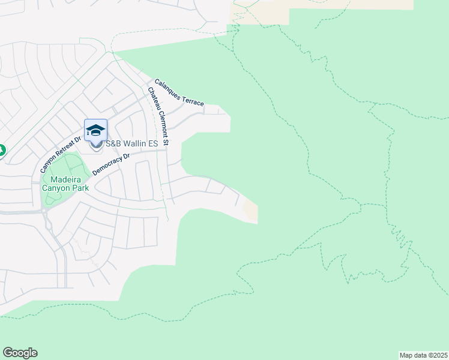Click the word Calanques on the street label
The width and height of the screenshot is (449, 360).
click(x=169, y=87)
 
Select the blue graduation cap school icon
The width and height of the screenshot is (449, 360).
click(x=96, y=130)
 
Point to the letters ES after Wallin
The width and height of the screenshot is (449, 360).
click(x=152, y=143)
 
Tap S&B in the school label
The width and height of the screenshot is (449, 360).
click(x=113, y=143)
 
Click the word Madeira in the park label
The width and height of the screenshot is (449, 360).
click(x=65, y=179)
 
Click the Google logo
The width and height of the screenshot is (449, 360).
click(x=20, y=353)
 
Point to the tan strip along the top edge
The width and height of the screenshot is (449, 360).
click(x=351, y=4)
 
